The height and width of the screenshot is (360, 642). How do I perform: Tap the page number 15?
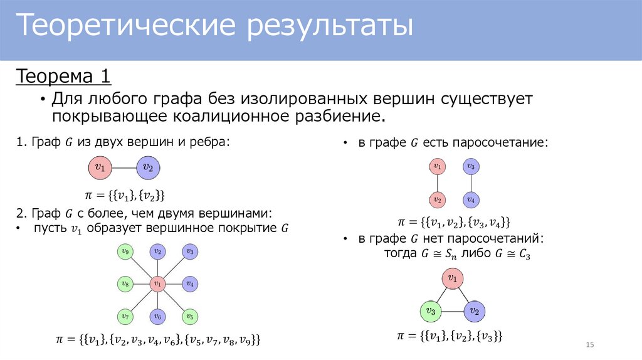[x=589, y=346]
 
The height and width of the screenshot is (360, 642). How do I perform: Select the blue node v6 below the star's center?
[x=158, y=316]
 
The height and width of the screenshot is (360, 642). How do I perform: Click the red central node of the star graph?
[x=158, y=284]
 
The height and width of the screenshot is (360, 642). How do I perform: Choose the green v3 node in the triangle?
[x=430, y=310]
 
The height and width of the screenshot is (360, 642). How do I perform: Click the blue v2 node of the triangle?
[x=475, y=310]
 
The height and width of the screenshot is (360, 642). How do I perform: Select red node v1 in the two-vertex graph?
[x=99, y=167]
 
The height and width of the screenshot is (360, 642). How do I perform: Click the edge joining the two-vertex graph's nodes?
[x=124, y=167]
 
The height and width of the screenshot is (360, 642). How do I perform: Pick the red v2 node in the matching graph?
[x=438, y=200]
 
